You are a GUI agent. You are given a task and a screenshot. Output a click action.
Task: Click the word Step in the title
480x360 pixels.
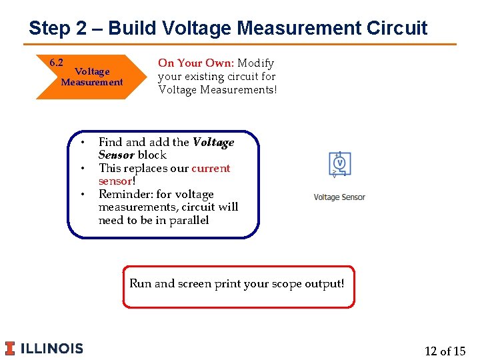[x=49, y=29]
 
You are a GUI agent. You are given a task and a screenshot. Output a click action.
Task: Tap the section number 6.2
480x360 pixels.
[x=57, y=63]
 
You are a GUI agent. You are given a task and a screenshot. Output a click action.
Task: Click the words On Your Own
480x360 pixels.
[x=194, y=63]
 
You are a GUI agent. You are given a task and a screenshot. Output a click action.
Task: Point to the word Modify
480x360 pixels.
[x=256, y=63]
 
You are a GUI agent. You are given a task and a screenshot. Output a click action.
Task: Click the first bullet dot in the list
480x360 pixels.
[x=82, y=143]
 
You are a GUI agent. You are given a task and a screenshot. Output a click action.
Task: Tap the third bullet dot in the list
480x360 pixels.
[x=82, y=195]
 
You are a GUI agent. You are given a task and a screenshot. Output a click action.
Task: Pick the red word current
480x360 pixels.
[x=211, y=168]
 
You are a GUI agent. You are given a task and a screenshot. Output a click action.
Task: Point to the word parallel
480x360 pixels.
[x=190, y=221]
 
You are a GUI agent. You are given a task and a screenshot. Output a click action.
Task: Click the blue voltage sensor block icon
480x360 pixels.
[x=339, y=164]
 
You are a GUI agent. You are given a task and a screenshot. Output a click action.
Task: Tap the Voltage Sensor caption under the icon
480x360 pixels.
[x=339, y=197]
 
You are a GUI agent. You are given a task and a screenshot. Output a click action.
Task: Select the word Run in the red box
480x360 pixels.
[x=140, y=284]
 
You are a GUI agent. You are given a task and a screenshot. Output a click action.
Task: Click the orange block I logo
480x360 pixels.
[x=10, y=348]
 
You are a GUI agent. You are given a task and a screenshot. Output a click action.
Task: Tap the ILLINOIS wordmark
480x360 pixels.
[x=53, y=348]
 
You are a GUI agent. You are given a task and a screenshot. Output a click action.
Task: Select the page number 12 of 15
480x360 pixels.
[x=445, y=351]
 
